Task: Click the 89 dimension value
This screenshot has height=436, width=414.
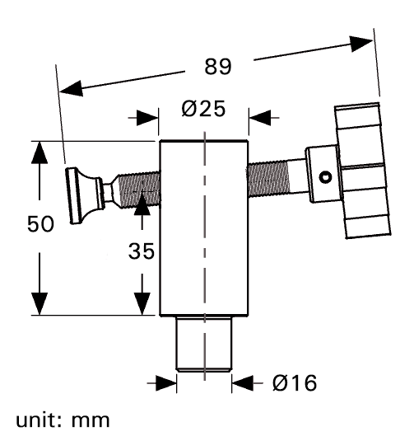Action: [217, 68]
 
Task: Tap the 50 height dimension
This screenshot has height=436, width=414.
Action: [41, 224]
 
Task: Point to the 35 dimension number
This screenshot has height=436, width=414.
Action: [141, 252]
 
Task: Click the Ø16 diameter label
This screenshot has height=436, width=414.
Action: [292, 382]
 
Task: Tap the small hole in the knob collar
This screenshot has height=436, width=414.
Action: [326, 176]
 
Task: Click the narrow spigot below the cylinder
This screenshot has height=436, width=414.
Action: [203, 344]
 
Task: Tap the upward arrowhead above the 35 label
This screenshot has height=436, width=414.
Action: [142, 200]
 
